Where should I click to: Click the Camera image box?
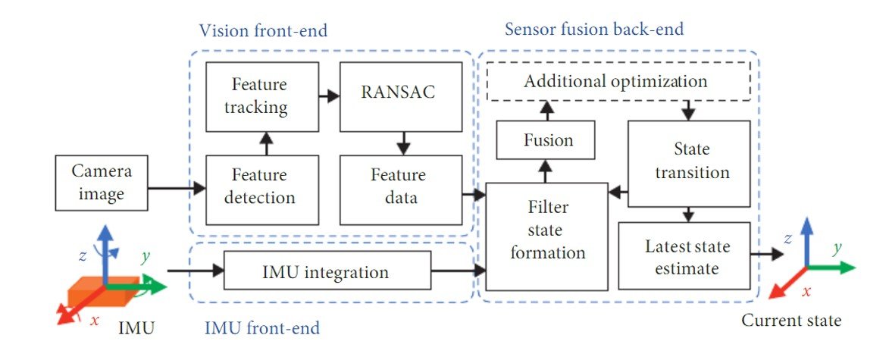[96, 183]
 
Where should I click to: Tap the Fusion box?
[546, 140]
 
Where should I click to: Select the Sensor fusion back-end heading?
[593, 30]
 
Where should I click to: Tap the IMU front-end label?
[262, 328]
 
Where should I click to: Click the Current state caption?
[790, 321]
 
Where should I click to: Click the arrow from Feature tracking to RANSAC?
[327, 97]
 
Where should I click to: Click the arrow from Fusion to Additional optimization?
[546, 111]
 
